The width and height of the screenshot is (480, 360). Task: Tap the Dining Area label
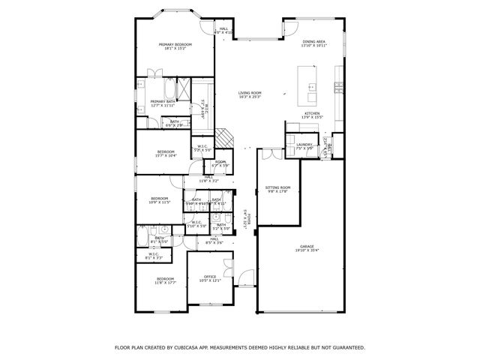point(313,43)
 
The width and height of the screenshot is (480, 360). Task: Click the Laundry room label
point(304,145)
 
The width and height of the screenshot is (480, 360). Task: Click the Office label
point(210,279)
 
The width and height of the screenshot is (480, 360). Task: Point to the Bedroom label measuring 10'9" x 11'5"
point(159,200)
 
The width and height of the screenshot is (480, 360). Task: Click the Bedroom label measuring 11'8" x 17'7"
point(165,280)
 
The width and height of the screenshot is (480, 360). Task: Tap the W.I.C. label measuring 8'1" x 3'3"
point(153,256)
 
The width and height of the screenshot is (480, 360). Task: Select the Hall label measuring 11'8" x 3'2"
point(208,179)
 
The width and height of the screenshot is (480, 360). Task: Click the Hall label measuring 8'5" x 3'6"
point(214,241)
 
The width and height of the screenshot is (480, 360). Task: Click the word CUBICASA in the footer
point(190,348)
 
